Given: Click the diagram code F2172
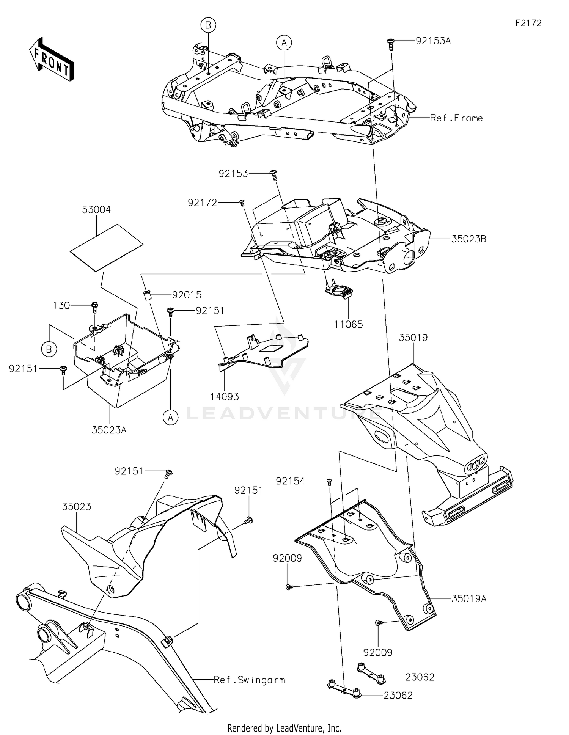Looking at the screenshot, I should [x=528, y=23].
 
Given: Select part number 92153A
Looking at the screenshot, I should [x=433, y=41].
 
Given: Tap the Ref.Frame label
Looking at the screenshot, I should [x=456, y=118].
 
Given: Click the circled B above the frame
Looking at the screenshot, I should [x=208, y=26].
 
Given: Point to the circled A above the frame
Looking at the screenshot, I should [x=284, y=43].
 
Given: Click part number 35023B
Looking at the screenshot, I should [x=468, y=239].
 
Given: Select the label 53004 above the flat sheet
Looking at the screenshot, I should [x=96, y=210].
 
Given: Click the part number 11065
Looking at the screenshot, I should [x=348, y=324].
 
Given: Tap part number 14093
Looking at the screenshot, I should [x=225, y=397].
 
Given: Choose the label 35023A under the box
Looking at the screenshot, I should [x=109, y=430].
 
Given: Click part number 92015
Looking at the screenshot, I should [x=187, y=295].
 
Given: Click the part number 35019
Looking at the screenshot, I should [x=413, y=337].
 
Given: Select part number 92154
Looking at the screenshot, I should [x=290, y=481].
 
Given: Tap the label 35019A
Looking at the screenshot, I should [x=469, y=598].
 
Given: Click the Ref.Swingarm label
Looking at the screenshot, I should [x=249, y=680].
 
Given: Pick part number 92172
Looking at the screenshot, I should [x=202, y=203].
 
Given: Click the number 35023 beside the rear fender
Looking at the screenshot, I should [x=77, y=506].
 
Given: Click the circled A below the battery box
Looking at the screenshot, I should [x=171, y=418].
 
